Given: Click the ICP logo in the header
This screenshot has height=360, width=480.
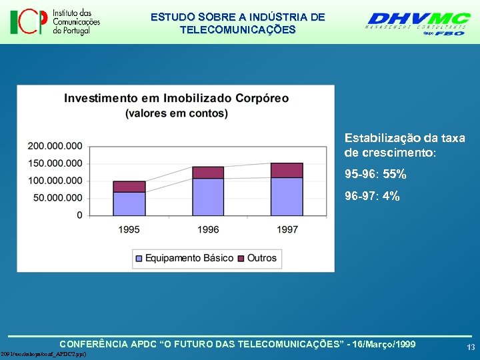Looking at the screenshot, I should tap(55, 22).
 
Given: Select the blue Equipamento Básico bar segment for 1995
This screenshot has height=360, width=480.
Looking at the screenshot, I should tap(129, 203).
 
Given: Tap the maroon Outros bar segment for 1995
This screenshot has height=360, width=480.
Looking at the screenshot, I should tap(129, 187).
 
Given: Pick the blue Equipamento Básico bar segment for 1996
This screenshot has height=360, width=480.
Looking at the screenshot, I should tap(208, 197).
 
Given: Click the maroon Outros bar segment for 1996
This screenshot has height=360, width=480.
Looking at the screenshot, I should tap(208, 173).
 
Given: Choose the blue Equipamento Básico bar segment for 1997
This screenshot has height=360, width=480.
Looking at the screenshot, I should tap(287, 196).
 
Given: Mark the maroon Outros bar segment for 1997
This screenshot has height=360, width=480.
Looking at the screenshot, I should tap(287, 170).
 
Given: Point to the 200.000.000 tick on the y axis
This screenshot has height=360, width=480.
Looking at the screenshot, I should tap(55, 146).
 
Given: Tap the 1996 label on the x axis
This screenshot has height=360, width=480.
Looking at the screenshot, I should tap(208, 229).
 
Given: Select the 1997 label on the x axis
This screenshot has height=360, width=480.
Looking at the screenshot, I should tap(287, 229).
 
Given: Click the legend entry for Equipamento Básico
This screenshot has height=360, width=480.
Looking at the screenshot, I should tap(185, 258).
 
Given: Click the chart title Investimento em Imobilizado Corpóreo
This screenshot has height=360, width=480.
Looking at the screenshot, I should tap(177, 98).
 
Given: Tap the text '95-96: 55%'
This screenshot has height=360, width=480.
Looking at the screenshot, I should tap(375, 175).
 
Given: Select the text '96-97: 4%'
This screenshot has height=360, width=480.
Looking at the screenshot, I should tap(372, 196).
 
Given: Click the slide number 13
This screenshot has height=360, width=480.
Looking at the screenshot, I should tap(471, 347).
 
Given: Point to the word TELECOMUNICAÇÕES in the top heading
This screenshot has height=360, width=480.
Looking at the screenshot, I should tap(238, 30).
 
